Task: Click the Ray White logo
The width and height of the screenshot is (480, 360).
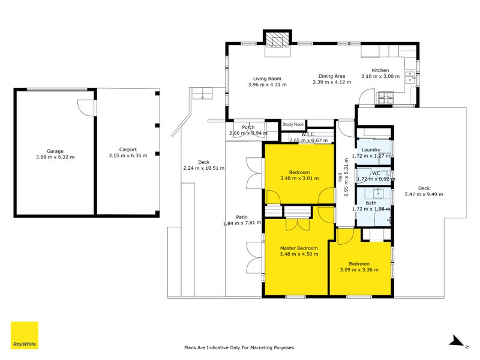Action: click(25, 335)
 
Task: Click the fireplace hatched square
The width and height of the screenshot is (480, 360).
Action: click(277, 40)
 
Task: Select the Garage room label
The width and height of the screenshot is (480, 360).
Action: click(55, 151)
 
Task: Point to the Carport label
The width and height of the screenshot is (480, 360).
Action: click(128, 149)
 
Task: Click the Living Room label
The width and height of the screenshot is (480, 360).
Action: click(267, 79)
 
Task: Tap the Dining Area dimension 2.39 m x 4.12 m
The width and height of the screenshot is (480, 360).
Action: click(332, 82)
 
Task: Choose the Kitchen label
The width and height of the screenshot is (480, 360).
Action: click(380, 70)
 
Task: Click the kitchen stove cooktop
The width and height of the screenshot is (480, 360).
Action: click(386, 98)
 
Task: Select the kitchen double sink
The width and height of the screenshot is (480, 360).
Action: click(410, 77)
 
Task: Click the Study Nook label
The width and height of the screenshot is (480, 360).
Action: click(293, 124)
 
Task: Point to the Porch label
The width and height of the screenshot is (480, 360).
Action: click(248, 127)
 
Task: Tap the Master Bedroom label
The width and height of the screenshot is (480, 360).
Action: click(299, 248)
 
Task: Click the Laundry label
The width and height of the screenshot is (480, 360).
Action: click(371, 149)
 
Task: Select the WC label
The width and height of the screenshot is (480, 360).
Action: click(376, 173)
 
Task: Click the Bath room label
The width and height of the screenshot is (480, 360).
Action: click(371, 203)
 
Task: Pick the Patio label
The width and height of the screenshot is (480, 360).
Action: click(242, 217)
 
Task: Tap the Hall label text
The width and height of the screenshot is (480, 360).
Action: click(340, 178)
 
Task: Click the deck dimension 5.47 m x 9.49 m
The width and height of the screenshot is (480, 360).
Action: click(424, 194)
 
